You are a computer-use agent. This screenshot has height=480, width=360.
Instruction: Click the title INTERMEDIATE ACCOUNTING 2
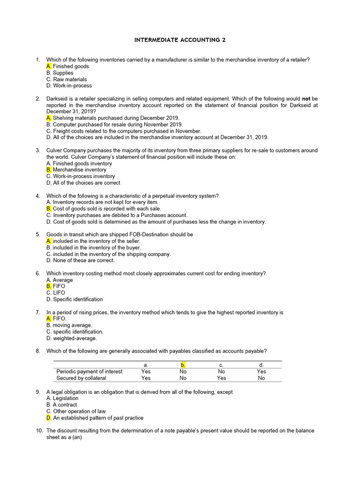pos(180,40)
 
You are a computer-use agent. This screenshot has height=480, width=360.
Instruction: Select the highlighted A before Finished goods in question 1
pos(49,67)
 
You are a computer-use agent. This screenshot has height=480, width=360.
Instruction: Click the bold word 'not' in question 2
pos(306,99)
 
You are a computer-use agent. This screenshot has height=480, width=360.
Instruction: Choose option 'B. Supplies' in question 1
pos(60,73)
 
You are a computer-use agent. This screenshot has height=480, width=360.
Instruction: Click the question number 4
pos(37,196)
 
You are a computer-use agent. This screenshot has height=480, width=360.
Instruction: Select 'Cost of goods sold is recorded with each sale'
pos(107,209)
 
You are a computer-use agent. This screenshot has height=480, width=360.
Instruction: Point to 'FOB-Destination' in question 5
pos(151,234)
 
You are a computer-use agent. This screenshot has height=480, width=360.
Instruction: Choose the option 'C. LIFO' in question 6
pos(56,293)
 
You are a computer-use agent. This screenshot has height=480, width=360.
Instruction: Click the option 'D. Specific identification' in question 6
pos(75,300)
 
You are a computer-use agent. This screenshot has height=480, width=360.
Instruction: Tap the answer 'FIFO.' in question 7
pos(60,319)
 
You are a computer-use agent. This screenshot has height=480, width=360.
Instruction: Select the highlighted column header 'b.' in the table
pos(183,365)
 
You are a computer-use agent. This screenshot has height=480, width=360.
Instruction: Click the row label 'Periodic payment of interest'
pos(90,372)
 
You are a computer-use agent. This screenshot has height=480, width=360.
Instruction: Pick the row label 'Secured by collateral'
pos(82,378)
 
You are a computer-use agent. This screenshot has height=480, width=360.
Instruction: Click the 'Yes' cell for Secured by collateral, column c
pos(222,378)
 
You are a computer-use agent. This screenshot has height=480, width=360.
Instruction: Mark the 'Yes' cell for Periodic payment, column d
pos(262,372)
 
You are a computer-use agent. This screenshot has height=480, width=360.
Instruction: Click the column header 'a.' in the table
pos(146,365)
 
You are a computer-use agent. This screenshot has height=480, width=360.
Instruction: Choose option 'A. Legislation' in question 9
pos(62,398)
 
